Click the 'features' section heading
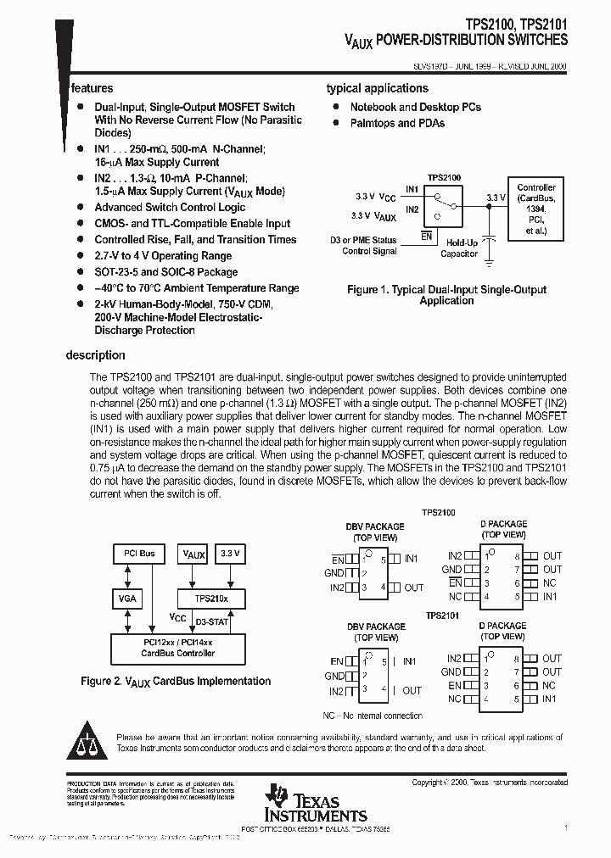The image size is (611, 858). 92,88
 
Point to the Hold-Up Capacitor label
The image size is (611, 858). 458,248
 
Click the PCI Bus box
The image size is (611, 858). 136,554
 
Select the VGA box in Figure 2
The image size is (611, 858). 126,599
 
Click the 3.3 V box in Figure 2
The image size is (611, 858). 231,554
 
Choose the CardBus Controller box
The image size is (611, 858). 178,649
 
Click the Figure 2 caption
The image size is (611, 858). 176,681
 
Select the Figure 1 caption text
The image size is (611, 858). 447,295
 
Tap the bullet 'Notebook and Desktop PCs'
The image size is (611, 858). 416,107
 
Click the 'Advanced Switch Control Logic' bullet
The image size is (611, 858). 170,208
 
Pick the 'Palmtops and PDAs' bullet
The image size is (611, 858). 397,123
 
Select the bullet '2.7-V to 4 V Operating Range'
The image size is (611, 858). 163,256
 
